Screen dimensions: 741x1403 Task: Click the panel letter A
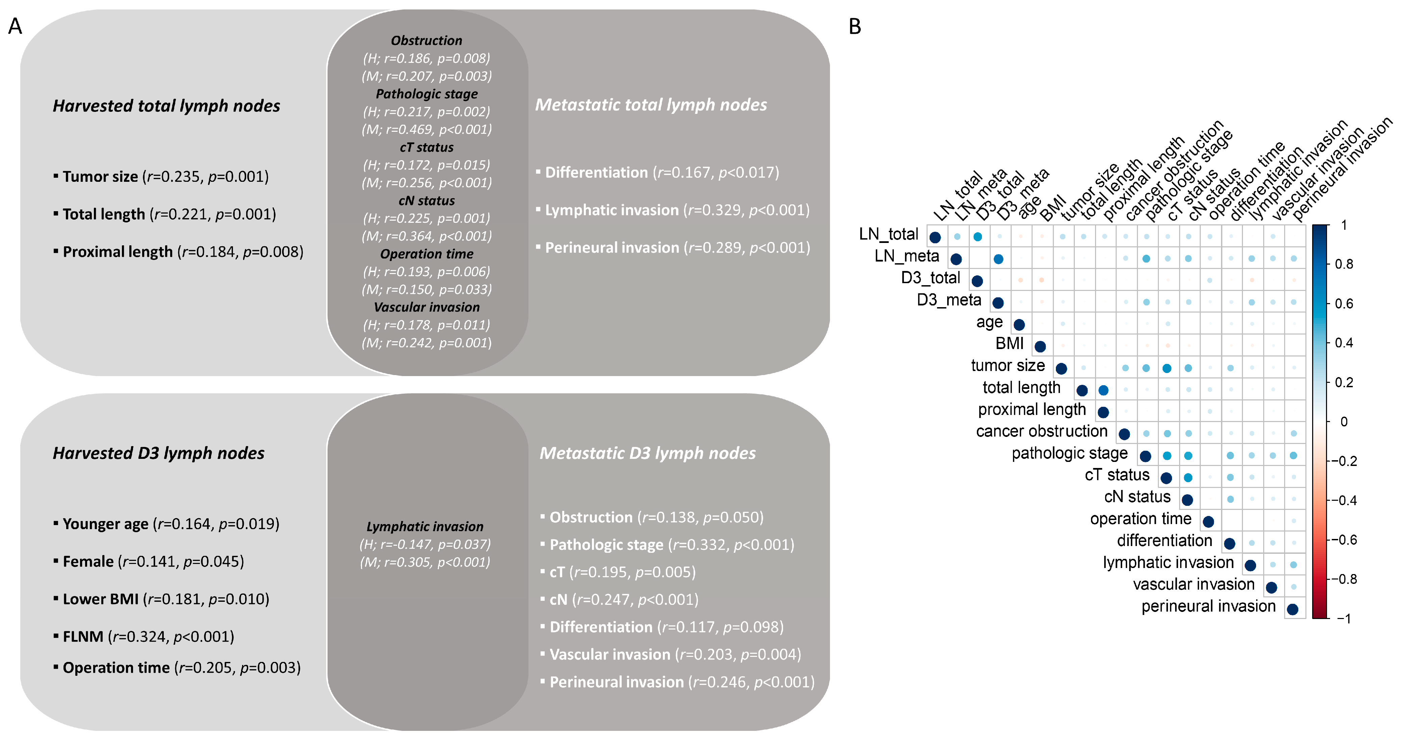click(x=15, y=26)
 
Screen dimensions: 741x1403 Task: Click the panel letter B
click(x=855, y=26)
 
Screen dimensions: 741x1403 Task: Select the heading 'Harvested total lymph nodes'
click(x=166, y=106)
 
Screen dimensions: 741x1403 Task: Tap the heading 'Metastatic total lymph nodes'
click(x=650, y=105)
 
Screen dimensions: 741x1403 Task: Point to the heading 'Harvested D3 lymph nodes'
click(x=158, y=453)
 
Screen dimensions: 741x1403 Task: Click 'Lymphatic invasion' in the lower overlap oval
click(x=425, y=527)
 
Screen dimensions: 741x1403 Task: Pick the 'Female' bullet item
click(x=153, y=562)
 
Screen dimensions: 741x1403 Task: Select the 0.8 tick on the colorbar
click(x=1344, y=264)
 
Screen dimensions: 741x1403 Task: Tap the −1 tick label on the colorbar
click(x=1344, y=618)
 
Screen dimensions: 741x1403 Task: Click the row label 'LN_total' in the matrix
click(x=888, y=234)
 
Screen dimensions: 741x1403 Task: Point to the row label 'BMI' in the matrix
click(x=1009, y=344)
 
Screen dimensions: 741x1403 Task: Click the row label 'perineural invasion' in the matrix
click(x=1208, y=607)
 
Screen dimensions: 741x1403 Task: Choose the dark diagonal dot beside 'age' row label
click(x=1019, y=325)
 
